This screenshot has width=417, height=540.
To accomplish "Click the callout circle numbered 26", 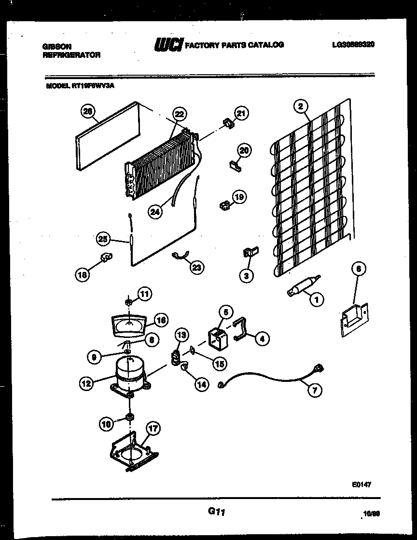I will coord(87,111).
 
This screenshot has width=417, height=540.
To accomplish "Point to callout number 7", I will coord(314,390).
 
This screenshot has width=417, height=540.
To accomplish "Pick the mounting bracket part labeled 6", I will coord(353,318).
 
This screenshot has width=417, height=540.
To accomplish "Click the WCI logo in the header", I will coord(168,45).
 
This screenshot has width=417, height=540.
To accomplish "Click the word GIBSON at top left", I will coord(57,46).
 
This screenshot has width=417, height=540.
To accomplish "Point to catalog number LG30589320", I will coord(353,44).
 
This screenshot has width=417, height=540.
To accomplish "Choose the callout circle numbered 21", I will coord(240,114).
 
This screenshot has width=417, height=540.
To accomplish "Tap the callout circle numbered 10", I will coord(106,424).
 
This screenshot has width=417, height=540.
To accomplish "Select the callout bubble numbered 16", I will coord(161,320).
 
